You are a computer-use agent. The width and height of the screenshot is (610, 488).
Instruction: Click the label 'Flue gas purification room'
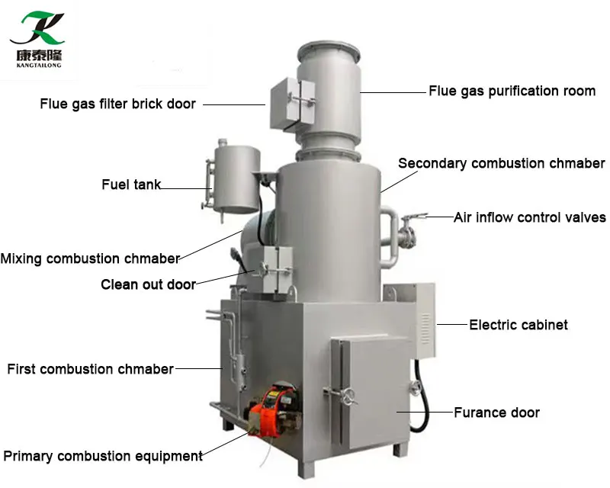[512, 91]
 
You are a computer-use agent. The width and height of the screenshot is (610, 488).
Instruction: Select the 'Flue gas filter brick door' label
[117, 104]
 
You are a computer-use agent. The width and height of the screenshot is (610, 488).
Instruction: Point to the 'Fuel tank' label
[131, 185]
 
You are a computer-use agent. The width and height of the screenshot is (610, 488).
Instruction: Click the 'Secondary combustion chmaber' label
[501, 163]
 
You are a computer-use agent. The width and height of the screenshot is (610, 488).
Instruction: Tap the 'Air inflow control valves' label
[529, 217]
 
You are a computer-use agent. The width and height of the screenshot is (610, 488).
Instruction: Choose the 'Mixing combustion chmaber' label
[90, 258]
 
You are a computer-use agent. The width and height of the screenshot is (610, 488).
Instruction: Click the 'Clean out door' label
[148, 284]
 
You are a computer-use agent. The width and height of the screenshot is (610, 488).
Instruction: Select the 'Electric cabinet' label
[518, 325]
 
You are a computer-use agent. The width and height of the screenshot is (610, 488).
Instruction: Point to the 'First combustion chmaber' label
[90, 370]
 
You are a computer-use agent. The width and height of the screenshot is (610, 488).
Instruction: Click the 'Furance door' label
[496, 413]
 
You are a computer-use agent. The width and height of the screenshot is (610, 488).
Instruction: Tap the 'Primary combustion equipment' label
[103, 456]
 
